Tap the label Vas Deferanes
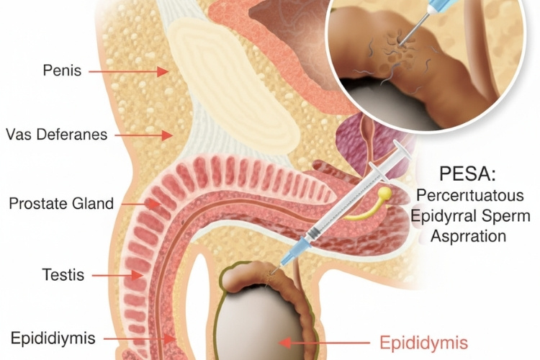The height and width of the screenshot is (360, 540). coord(57,135)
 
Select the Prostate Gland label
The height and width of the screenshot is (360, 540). coord(61,204)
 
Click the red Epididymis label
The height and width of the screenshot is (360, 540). coord(423,343)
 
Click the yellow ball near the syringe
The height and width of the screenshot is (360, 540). coord(385,193)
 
